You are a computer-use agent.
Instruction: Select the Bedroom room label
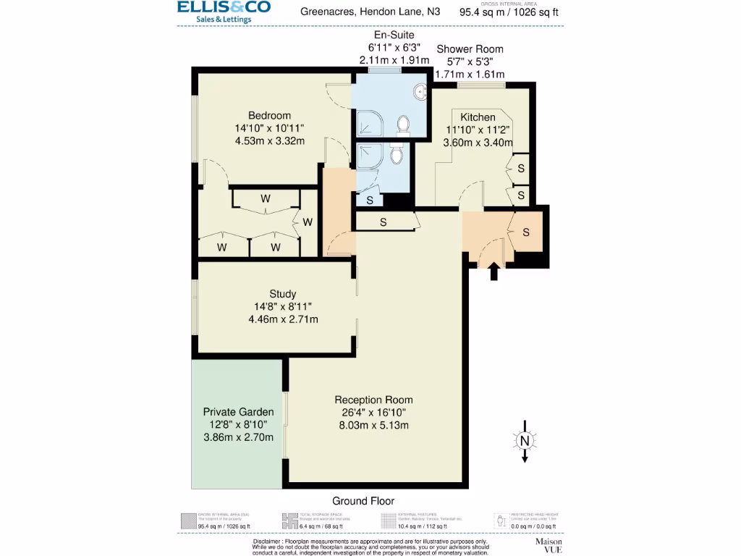[x=269, y=116]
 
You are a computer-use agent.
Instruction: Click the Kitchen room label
[x=478, y=117]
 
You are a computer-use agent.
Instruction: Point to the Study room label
[x=282, y=294]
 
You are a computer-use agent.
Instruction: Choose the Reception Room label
[x=373, y=400]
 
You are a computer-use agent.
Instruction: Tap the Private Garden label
[x=238, y=412]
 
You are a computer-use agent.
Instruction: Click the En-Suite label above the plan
[x=394, y=35]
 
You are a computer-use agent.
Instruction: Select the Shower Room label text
[x=470, y=49]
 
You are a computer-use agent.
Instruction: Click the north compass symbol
[x=524, y=439]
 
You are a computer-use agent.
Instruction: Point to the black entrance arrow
[x=494, y=271]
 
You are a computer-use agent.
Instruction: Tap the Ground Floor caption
[x=363, y=501]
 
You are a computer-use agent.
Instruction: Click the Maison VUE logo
[x=549, y=545]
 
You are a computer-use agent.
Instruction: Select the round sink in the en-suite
[x=421, y=92]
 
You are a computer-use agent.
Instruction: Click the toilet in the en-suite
[x=402, y=126]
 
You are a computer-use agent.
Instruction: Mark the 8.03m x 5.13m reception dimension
[x=373, y=425]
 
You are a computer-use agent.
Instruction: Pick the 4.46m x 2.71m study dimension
[x=282, y=319]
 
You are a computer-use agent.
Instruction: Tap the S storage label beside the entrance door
[x=526, y=232]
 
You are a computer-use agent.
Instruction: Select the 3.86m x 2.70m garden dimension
[x=238, y=437]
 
